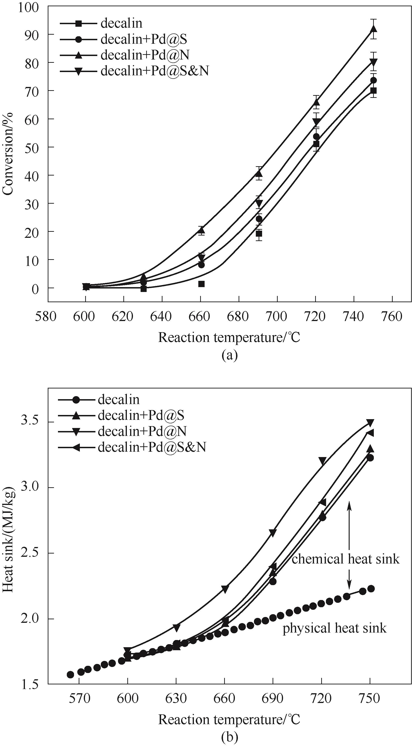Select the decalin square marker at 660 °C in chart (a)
click(x=202, y=284)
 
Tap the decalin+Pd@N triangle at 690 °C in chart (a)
click(x=259, y=173)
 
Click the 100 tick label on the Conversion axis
click(x=28, y=7)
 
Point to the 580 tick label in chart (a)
click(x=46, y=317)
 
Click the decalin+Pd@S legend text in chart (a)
click(x=144, y=39)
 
